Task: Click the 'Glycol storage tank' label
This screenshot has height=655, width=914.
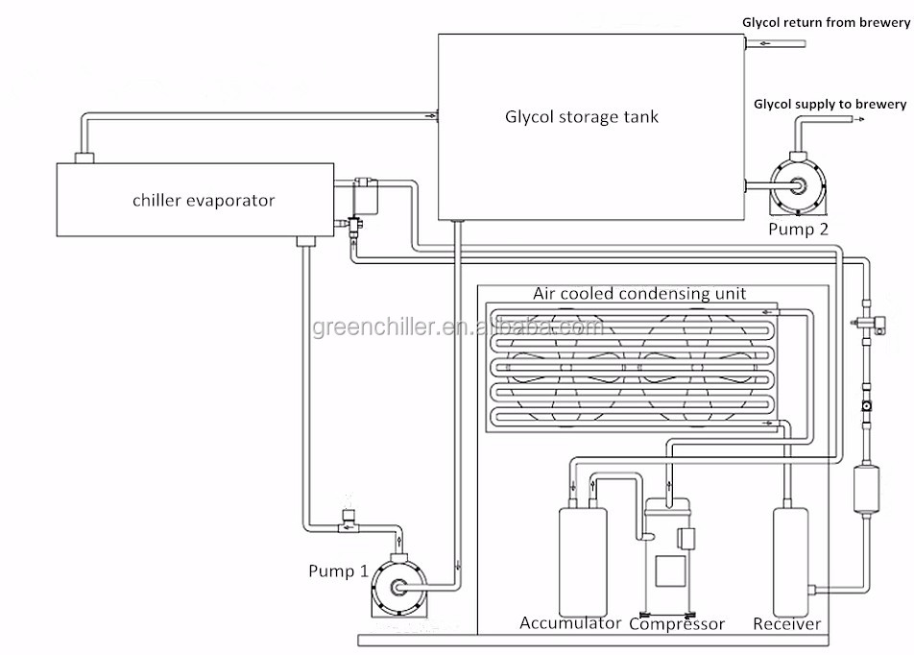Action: [582, 117]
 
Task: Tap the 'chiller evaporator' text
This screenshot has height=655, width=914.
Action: [203, 201]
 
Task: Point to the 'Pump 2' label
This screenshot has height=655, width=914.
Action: [798, 229]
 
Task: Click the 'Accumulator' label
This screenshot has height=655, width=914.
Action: [570, 624]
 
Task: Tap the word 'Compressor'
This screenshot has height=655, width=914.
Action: [677, 624]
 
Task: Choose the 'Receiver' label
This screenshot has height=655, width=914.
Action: [786, 624]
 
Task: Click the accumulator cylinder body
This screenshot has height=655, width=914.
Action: [582, 557]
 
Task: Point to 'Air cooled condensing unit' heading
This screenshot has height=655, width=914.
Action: [639, 294]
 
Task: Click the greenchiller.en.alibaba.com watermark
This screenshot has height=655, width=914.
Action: [458, 328]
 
